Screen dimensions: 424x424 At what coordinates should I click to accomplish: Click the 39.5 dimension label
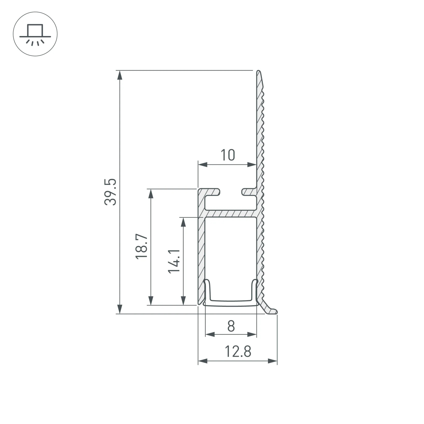tap(110, 192)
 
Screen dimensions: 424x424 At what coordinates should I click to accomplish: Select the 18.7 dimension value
tap(142, 246)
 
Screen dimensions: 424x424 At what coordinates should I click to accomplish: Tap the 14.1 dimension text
tap(174, 261)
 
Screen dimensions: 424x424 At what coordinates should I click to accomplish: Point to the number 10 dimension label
tap(227, 155)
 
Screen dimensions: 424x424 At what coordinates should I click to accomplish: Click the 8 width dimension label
tap(231, 326)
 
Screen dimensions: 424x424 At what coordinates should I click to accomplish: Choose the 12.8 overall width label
tap(238, 352)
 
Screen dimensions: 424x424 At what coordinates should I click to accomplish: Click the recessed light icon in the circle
tap(35, 34)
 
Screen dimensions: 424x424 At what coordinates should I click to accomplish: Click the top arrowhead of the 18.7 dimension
tap(151, 194)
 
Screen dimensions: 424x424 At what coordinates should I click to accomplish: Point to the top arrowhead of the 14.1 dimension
tap(183, 222)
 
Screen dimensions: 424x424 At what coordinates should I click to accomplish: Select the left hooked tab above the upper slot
tap(212, 192)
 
